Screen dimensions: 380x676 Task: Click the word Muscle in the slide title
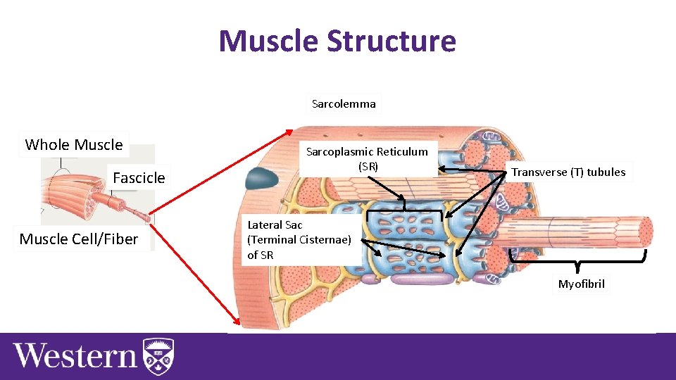(268, 41)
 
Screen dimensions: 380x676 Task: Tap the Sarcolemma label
(344, 104)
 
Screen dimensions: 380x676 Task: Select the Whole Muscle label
(74, 145)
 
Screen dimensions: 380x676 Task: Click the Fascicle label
(139, 178)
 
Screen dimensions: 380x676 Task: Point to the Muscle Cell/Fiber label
(79, 239)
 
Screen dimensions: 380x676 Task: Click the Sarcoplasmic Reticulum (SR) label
(367, 159)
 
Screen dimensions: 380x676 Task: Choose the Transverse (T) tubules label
(568, 172)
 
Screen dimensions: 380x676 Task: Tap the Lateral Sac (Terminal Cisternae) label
(299, 239)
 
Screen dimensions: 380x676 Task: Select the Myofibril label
(581, 284)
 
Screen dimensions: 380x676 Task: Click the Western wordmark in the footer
(75, 355)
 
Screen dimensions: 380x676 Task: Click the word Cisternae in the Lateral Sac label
(327, 240)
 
